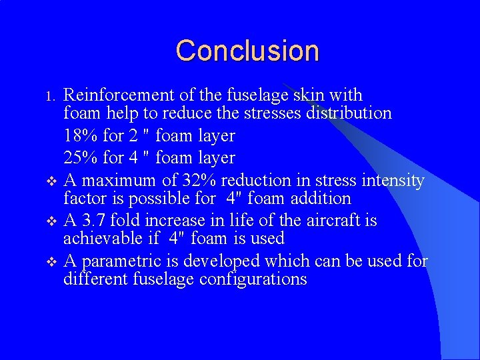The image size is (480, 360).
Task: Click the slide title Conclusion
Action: pos(247,51)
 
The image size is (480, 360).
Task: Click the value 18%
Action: pos(81,136)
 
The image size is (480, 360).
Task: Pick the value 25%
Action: pos(81,158)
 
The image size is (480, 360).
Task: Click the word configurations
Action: pos(254,279)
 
